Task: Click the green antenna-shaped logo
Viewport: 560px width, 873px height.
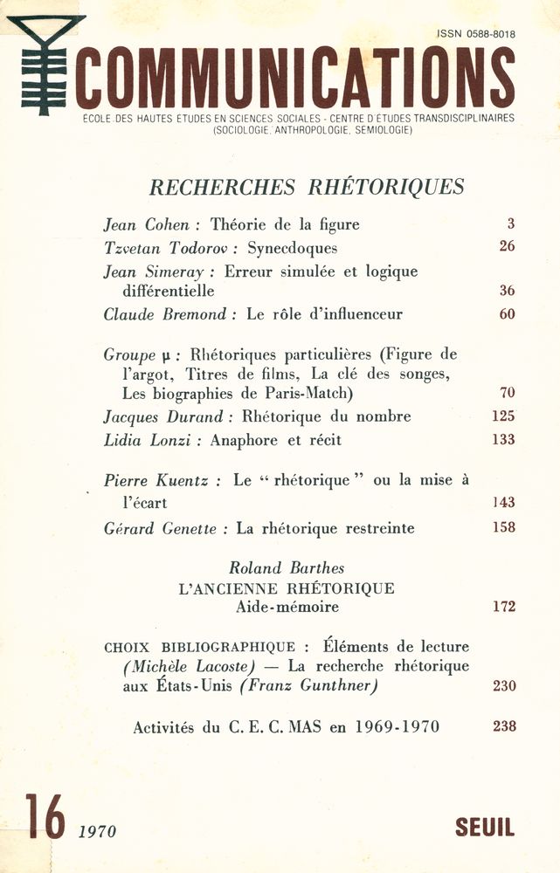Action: [45, 65]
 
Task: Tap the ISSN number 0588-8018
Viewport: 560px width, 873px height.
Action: [476, 34]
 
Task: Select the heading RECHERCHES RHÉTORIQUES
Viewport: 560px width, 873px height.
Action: [307, 187]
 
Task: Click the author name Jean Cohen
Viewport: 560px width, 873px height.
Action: [147, 224]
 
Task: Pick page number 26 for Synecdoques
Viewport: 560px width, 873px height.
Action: [507, 246]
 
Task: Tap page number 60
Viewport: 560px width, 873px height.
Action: [507, 314]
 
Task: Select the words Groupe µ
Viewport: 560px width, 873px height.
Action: [129, 355]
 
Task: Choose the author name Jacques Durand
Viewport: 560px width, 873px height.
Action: [155, 416]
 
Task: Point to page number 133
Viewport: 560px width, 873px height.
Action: [503, 439]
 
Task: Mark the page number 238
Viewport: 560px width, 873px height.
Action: [503, 726]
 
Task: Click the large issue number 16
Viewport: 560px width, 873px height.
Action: [45, 817]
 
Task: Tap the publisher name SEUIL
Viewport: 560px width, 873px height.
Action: [485, 828]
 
